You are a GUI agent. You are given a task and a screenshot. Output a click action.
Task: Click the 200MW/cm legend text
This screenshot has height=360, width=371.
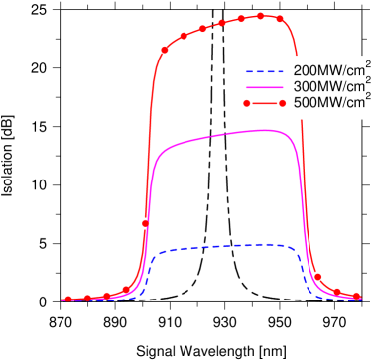(327, 72)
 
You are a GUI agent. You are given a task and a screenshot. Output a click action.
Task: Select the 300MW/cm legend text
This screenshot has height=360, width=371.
(327, 86)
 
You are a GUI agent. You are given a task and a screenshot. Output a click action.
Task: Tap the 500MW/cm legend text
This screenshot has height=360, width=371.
(327, 101)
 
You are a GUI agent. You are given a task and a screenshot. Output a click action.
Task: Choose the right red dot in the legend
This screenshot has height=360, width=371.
(281, 101)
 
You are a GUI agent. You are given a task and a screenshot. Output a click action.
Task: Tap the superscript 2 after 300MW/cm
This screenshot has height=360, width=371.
(367, 80)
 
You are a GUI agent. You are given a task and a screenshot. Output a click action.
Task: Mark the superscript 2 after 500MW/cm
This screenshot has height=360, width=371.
(367, 95)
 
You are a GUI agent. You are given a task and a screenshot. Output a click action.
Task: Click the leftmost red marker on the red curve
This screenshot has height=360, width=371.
(67, 298)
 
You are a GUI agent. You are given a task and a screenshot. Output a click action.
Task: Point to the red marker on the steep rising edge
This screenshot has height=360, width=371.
(146, 223)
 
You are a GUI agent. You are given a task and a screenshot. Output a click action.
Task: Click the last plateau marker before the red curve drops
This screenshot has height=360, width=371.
(279, 18)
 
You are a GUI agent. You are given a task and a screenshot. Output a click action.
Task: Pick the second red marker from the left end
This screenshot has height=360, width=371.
(87, 297)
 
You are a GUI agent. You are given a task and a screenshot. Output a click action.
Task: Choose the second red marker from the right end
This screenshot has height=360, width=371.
(337, 292)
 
